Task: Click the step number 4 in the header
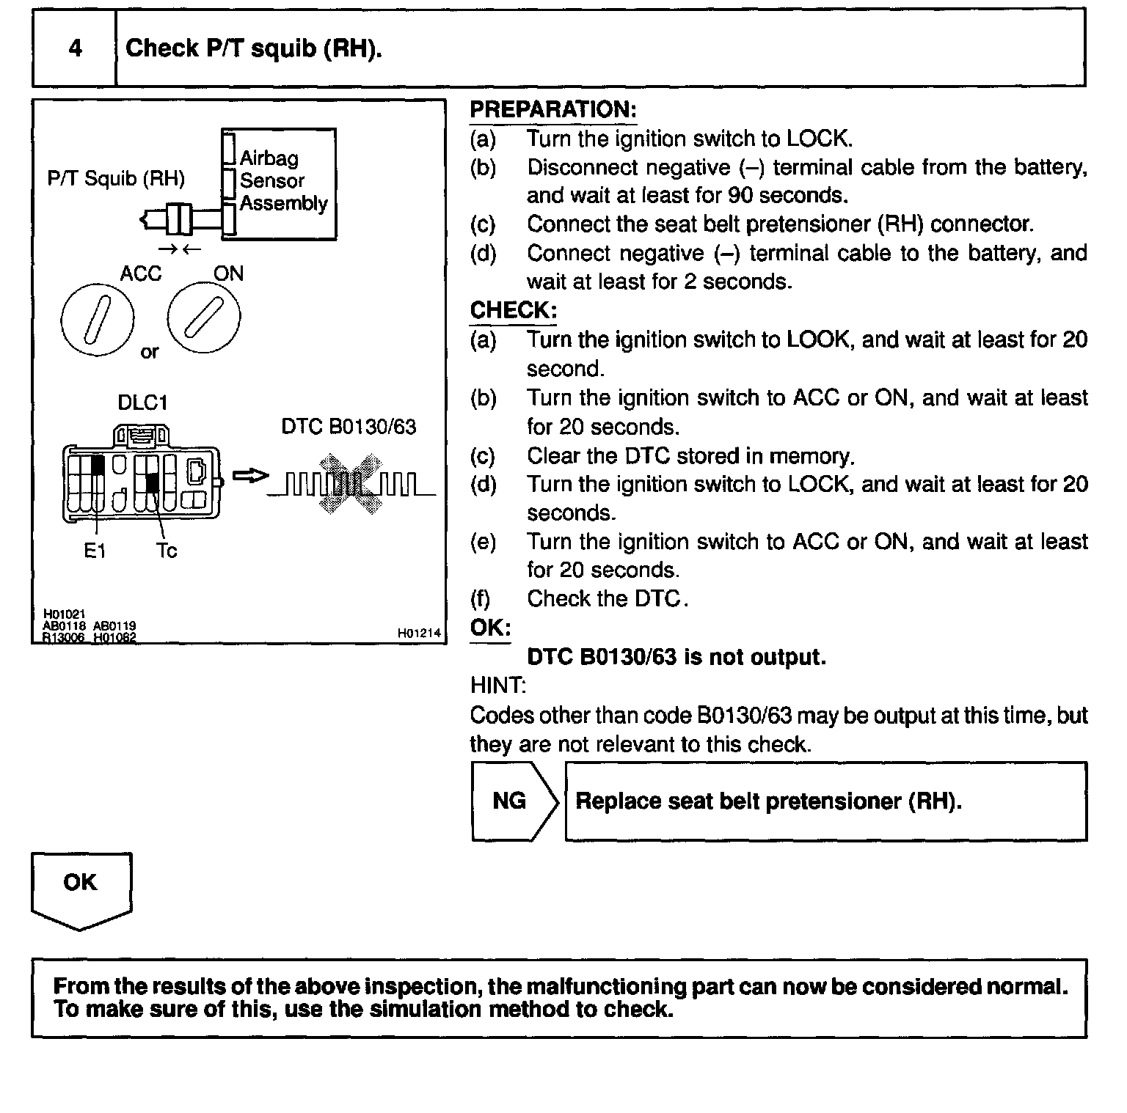point(75,48)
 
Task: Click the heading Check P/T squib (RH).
point(254,48)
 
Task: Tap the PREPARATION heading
point(552,110)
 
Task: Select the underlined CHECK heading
point(513,310)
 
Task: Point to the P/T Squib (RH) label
point(116,178)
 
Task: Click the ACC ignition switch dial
point(98,319)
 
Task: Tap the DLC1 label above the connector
point(142,403)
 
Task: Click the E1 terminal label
point(95,551)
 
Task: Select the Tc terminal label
point(167,551)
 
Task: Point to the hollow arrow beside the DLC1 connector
point(250,476)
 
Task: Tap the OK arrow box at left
point(81,887)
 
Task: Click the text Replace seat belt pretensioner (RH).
point(768,801)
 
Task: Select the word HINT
point(497,686)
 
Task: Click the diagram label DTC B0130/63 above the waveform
point(349,427)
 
